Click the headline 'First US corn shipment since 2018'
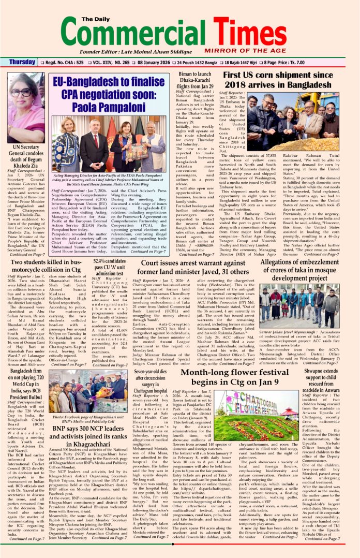pos(278,80)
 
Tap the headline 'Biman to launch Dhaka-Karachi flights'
pos(196,80)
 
